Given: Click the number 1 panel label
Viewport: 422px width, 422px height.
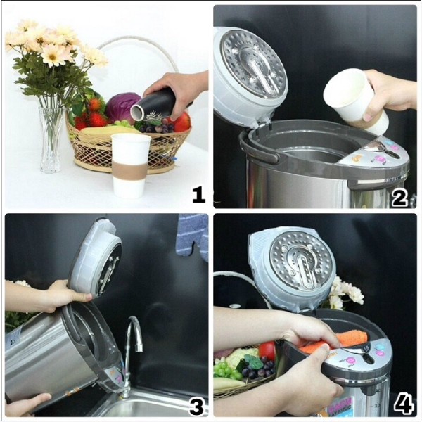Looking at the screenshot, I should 198,193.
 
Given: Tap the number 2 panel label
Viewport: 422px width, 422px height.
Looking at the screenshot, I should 399,197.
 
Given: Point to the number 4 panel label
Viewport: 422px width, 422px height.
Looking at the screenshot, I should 403,404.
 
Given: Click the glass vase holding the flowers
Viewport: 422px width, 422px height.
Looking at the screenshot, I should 50,137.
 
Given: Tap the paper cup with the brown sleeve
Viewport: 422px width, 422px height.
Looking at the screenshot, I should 131,165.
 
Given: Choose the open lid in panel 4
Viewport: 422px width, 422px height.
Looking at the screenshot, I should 292,267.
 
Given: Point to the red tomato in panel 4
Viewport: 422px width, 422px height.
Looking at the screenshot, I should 267,350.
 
